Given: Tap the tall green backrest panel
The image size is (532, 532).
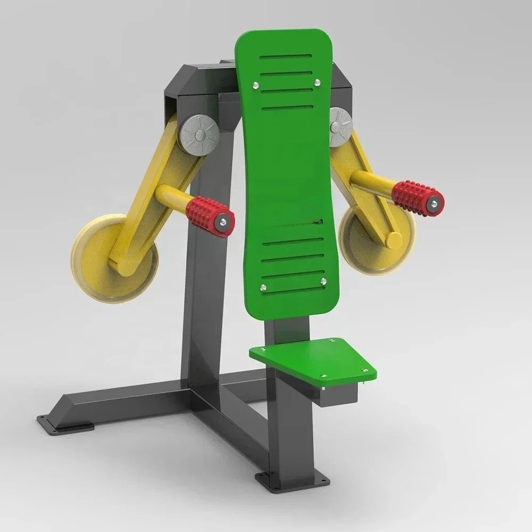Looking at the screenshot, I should click(287, 176).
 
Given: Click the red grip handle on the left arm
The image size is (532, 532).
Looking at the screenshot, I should click(210, 215).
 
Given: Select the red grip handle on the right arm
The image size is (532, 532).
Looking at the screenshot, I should click(418, 198).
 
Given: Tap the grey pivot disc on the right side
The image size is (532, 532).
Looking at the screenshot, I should click(341, 127).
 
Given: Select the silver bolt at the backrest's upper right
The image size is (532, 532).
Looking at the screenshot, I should click(318, 82).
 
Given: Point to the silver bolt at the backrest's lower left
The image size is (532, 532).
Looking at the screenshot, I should click(262, 288).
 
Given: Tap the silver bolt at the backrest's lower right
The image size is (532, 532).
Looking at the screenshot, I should click(323, 281).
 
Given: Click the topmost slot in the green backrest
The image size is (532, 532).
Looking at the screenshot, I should click(286, 56).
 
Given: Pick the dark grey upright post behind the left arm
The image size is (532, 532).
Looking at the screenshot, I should click(205, 298).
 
